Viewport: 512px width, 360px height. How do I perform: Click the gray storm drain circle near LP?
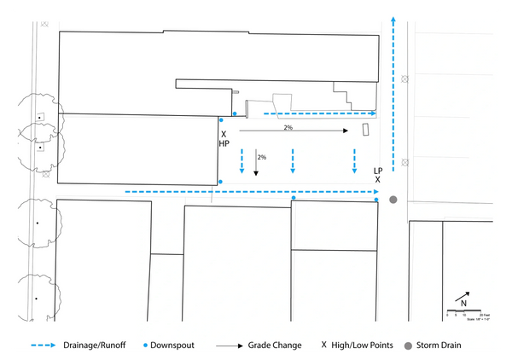click(393, 200)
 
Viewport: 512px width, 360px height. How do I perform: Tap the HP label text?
click(224, 144)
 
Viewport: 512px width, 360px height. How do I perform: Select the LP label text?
click(377, 171)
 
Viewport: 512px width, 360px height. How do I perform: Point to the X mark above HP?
click(224, 134)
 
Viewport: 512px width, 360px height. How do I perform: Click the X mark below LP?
click(377, 180)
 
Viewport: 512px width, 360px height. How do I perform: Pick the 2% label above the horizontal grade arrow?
click(288, 127)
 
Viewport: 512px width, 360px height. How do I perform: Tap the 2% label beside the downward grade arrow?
click(262, 157)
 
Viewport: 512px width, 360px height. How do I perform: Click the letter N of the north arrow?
click(463, 304)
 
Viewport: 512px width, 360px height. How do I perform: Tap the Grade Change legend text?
click(275, 345)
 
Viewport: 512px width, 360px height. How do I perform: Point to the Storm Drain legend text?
click(439, 345)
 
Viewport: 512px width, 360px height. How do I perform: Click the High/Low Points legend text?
click(362, 345)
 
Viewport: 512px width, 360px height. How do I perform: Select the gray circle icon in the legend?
click(407, 345)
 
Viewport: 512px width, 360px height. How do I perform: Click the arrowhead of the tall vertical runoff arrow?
click(393, 18)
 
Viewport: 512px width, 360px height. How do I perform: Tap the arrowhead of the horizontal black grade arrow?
click(345, 131)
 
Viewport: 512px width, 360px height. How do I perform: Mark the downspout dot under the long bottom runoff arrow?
click(294, 198)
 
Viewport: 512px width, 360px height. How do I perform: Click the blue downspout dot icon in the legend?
click(147, 345)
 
